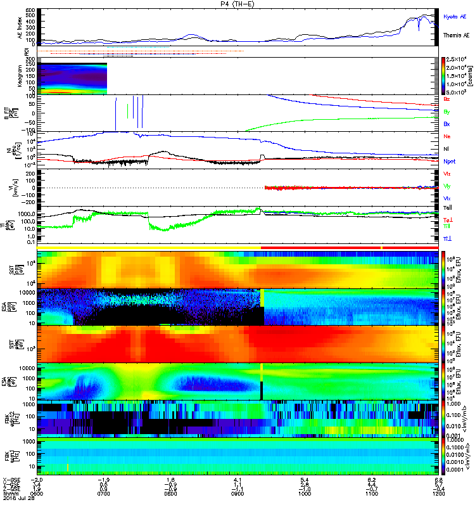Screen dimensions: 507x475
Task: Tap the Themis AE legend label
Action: click(457, 35)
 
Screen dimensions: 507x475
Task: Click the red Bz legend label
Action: click(447, 99)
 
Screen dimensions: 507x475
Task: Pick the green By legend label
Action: click(447, 112)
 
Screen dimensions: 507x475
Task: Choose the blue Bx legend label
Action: click(447, 124)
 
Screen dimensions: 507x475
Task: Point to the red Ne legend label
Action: click(447, 136)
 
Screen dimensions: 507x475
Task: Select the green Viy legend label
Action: click(447, 186)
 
